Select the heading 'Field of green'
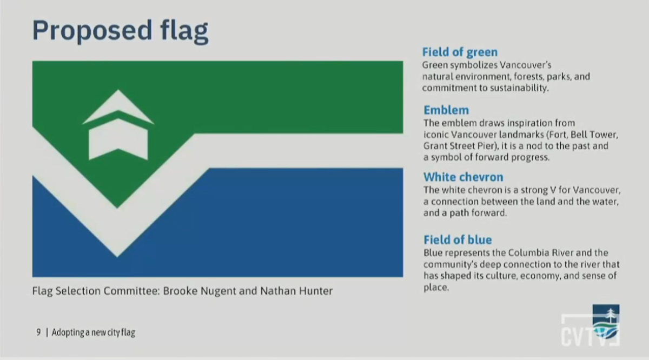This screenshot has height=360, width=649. (x=460, y=52)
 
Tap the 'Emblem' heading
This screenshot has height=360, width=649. (x=446, y=110)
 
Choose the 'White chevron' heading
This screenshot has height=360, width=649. (x=463, y=177)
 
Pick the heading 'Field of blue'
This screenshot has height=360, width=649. (x=458, y=240)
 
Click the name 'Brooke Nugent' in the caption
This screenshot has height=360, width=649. (x=200, y=291)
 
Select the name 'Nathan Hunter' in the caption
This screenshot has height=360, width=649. (x=296, y=290)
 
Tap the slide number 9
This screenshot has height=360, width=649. (x=38, y=332)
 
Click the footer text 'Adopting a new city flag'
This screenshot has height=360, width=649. (x=93, y=332)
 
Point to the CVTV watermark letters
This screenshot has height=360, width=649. (x=590, y=336)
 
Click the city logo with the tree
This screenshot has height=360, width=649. (x=606, y=322)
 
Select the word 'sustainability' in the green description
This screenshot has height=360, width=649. (x=520, y=88)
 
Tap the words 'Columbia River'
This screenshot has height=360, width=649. (x=541, y=253)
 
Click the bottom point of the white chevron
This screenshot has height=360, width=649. (x=117, y=257)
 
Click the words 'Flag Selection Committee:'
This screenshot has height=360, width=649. (x=96, y=291)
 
